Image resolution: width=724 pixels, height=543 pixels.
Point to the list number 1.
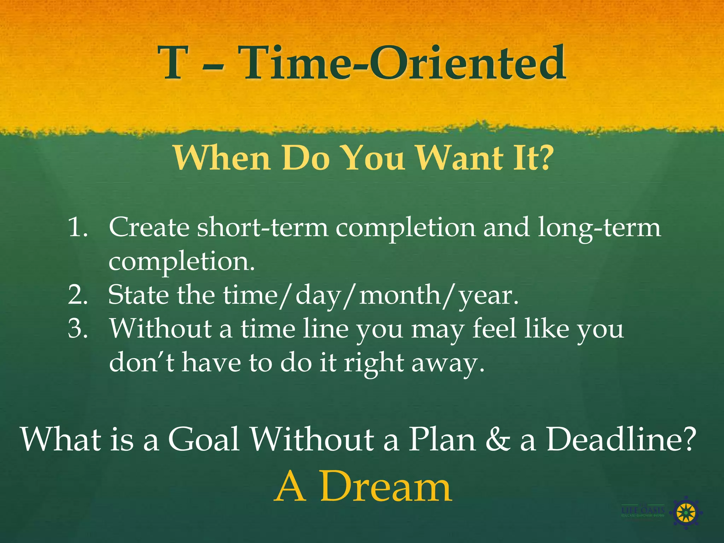click(x=77, y=227)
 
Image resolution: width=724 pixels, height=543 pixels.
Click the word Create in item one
click(x=149, y=227)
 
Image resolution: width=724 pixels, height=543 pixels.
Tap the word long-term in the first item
click(x=599, y=227)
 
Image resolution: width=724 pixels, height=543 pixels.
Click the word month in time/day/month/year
click(x=400, y=295)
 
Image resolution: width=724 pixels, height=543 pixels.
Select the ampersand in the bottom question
click(x=498, y=439)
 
